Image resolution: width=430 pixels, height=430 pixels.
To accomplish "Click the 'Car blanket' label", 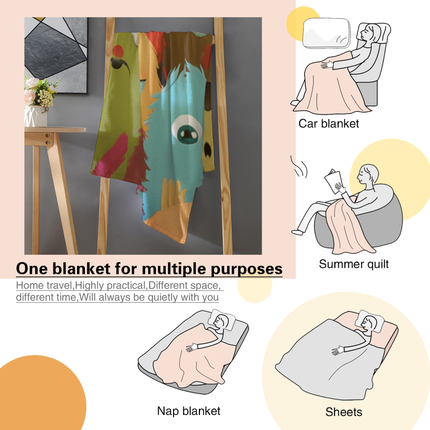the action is [x=328, y=124].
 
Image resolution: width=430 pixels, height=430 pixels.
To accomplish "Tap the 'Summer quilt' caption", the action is [x=354, y=264].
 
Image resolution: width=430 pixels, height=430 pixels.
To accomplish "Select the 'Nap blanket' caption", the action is [x=189, y=411].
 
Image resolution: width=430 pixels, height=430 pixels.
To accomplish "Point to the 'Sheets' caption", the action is [x=344, y=412].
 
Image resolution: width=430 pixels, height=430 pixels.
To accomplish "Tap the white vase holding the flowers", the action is [x=35, y=116].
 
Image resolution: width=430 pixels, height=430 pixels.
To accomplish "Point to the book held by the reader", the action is [x=333, y=181].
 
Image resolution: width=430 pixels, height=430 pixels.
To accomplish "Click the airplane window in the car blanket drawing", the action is [x=327, y=33].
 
